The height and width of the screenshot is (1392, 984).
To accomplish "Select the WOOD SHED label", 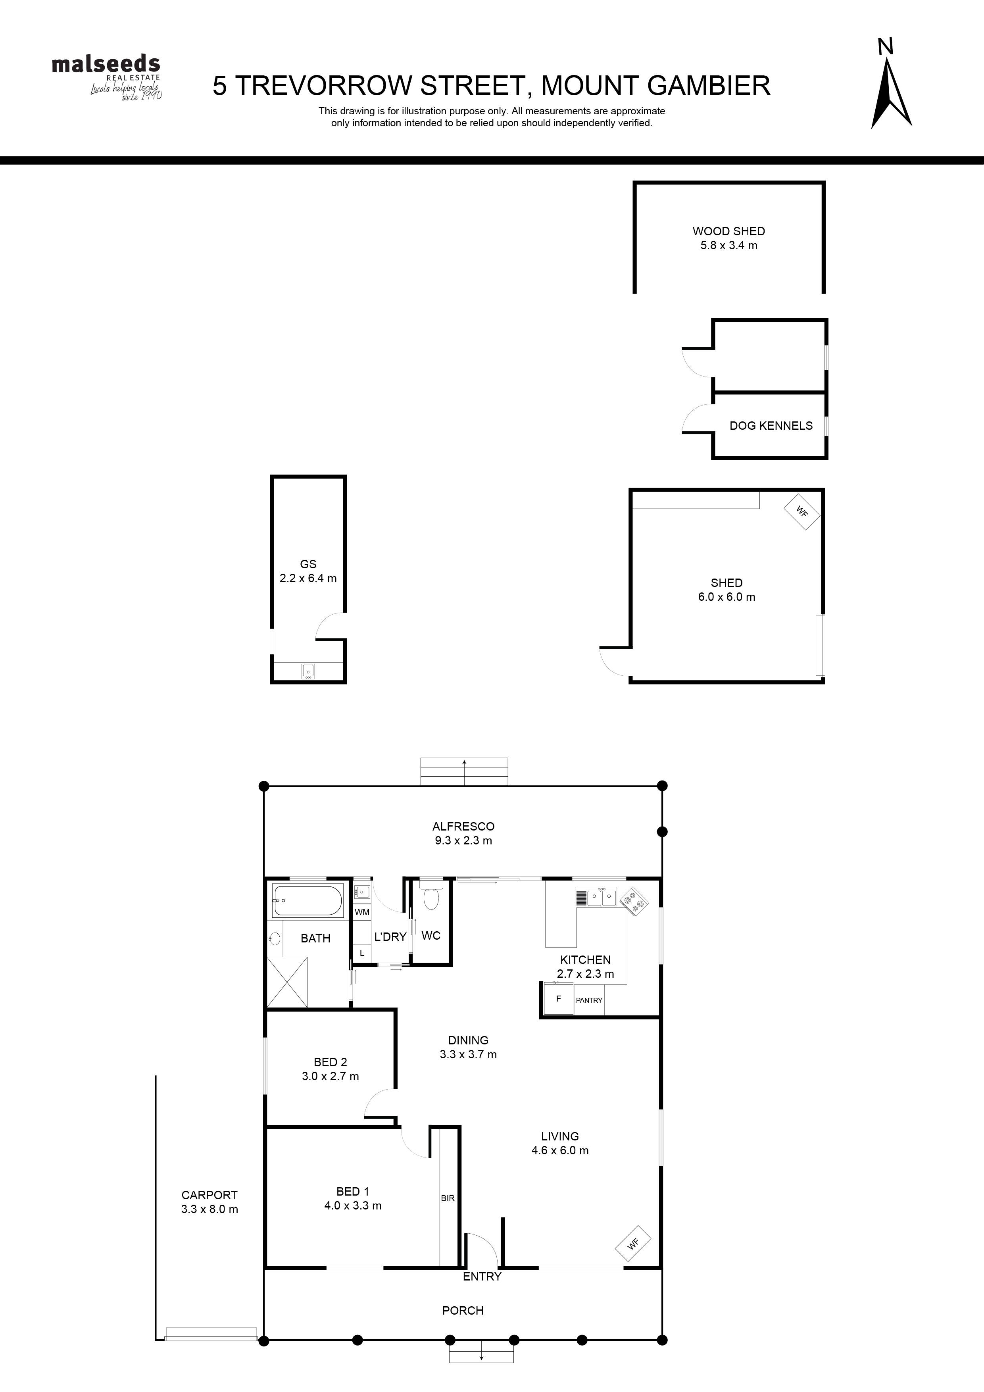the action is pyautogui.click(x=729, y=231).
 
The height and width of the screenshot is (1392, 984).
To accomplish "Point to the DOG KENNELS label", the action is pyautogui.click(x=771, y=426).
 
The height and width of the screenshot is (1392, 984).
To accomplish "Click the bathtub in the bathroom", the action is pyautogui.click(x=307, y=900).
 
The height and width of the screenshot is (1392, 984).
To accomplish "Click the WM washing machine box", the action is pyautogui.click(x=362, y=912).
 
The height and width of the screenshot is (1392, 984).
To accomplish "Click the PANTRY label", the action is pyautogui.click(x=589, y=1000).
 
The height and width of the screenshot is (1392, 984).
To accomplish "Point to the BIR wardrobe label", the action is pyautogui.click(x=448, y=1198).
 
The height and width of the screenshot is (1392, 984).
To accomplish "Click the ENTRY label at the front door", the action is pyautogui.click(x=482, y=1276).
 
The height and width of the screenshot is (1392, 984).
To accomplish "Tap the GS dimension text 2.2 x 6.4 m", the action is pyautogui.click(x=308, y=579).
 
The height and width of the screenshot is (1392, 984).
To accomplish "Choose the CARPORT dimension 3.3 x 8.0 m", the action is pyautogui.click(x=209, y=1209).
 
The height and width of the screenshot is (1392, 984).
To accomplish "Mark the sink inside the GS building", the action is pyautogui.click(x=308, y=671).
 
